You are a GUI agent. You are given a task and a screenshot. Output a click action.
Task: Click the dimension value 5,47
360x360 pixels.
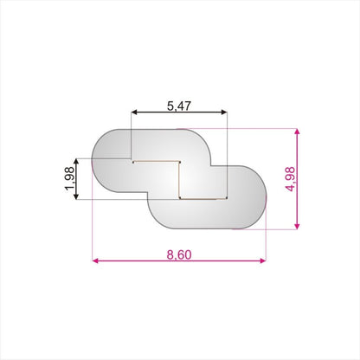(x=179, y=106)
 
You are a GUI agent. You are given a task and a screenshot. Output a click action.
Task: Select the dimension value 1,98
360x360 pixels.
(x=70, y=179)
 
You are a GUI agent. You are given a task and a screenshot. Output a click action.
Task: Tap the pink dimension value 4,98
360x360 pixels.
(x=290, y=179)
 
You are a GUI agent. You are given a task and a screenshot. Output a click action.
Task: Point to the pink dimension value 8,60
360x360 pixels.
(x=179, y=255)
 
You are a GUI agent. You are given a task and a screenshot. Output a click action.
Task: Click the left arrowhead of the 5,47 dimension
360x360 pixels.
(x=134, y=112)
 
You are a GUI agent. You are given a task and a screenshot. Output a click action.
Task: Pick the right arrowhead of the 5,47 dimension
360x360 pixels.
(x=224, y=112)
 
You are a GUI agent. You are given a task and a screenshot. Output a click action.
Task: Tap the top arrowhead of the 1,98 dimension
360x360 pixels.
(x=76, y=162)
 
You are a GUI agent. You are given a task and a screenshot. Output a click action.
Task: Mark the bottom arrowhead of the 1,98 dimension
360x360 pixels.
(x=76, y=196)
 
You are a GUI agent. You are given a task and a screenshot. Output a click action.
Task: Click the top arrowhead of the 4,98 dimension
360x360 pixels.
(x=298, y=132)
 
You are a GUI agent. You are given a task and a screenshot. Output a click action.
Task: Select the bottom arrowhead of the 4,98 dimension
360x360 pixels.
(x=298, y=226)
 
